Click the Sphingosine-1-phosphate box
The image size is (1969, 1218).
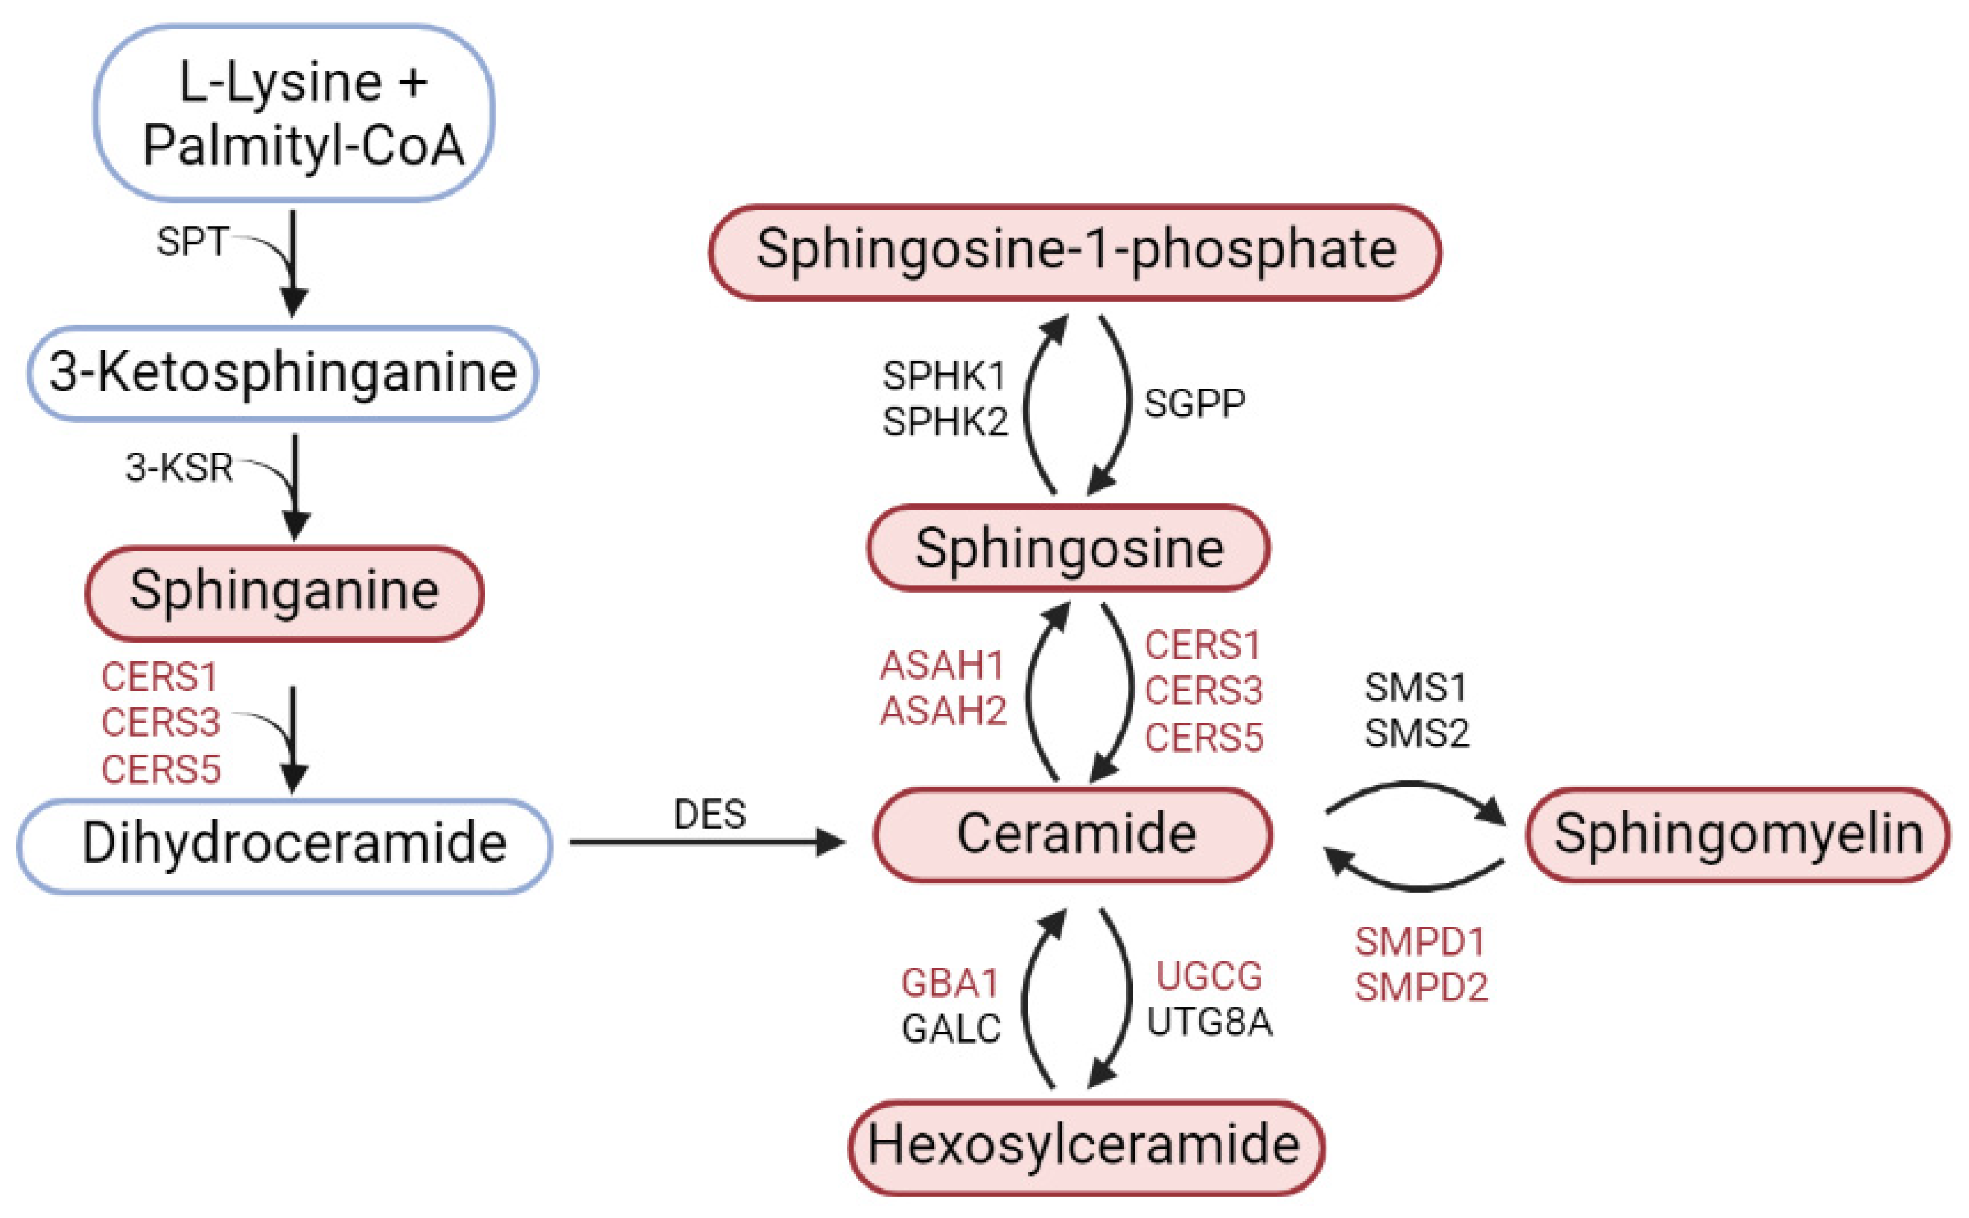1075,252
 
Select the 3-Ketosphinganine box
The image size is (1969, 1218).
283,373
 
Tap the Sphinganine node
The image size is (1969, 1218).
284,592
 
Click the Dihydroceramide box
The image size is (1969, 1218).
285,844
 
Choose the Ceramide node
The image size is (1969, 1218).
1073,834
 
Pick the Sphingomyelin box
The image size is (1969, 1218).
1738,834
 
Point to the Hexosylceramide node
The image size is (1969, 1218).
1086,1145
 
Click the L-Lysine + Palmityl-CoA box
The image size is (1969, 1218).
294,113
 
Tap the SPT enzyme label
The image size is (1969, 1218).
191,242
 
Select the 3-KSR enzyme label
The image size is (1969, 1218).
180,467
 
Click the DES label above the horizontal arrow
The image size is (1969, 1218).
709,814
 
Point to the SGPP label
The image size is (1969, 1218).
1194,404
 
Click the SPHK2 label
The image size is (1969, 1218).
945,422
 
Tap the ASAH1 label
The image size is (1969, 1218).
942,665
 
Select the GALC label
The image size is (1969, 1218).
951,1029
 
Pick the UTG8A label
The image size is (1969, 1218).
1209,1022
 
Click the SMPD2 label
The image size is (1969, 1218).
1421,987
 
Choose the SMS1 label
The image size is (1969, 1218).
1416,687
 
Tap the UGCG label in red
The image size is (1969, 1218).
1209,976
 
